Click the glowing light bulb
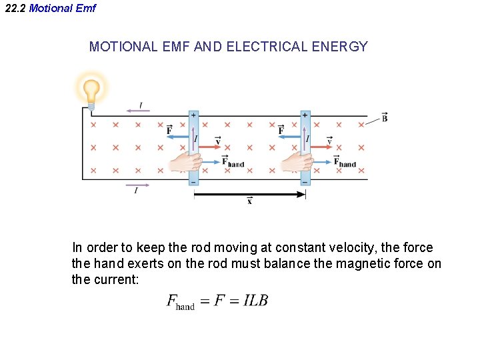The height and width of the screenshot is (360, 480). point(91,89)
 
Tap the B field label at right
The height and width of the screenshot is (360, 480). point(385,117)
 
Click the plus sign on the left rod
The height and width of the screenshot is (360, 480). point(193,115)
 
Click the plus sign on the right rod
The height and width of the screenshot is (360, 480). point(305,115)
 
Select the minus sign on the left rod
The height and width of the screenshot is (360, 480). point(193,181)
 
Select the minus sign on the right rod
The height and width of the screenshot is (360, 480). point(305,181)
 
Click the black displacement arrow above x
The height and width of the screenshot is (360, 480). point(249,194)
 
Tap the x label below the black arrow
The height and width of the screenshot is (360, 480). point(249,201)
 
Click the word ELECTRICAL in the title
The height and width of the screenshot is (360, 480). point(261,47)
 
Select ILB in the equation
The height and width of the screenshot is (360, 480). point(255,301)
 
